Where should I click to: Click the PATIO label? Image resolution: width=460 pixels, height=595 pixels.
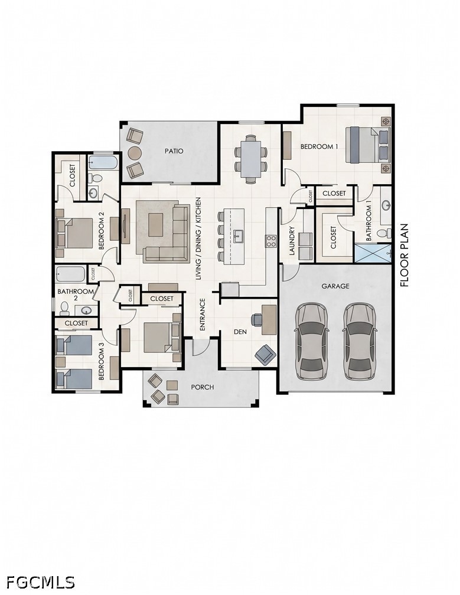click(174, 151)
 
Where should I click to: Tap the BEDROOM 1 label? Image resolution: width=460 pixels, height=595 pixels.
click(319, 146)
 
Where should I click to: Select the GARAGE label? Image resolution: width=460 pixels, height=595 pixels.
click(335, 286)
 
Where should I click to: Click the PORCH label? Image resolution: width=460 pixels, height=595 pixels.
click(203, 387)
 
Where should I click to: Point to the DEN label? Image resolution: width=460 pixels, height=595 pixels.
click(240, 332)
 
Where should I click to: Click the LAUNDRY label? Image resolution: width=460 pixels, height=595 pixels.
click(292, 241)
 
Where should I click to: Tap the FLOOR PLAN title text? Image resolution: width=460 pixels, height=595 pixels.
click(404, 255)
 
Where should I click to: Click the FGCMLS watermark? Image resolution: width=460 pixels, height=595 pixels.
click(41, 582)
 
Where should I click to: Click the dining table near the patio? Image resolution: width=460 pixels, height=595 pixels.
click(251, 159)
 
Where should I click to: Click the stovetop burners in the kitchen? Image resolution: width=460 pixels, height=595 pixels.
click(271, 241)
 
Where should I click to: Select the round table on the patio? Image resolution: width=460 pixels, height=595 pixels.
click(135, 153)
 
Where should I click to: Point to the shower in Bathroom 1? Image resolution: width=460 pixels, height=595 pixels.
click(373, 253)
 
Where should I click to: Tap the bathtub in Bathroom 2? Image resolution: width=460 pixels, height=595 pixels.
click(71, 274)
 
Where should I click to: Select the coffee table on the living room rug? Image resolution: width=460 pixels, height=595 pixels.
click(156, 225)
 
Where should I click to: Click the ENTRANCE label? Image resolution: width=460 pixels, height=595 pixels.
click(202, 314)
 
